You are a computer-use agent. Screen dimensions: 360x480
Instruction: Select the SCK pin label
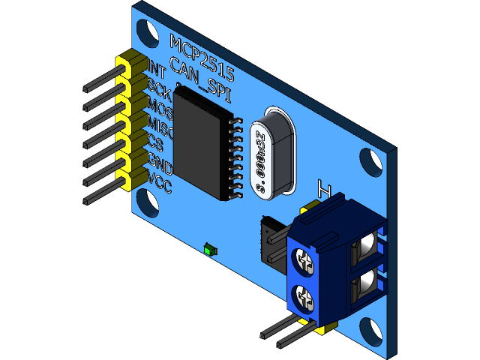tap(158, 86)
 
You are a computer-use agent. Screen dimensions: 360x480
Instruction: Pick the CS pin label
tap(156, 143)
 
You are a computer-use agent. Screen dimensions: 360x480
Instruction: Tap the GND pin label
tap(160, 162)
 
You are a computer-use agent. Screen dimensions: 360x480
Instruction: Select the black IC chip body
tap(203, 143)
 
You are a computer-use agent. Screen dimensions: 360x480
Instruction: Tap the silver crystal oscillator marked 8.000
tap(268, 153)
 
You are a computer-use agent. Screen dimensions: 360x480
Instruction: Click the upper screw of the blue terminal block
tap(304, 260)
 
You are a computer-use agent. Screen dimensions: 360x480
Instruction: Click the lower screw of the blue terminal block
tap(305, 297)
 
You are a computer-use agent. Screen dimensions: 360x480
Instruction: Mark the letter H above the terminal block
tap(325, 188)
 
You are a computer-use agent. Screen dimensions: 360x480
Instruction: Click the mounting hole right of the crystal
tap(369, 159)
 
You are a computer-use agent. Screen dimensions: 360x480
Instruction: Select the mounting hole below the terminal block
tap(369, 330)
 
